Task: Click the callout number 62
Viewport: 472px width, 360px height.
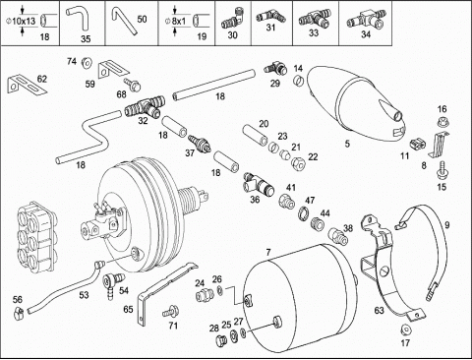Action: (x=42, y=79)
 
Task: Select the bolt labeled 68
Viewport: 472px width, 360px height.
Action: (x=133, y=85)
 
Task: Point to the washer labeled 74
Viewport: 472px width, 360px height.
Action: (x=87, y=63)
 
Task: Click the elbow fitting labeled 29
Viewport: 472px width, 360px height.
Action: (x=275, y=68)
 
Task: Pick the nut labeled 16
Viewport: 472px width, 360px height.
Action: (x=443, y=122)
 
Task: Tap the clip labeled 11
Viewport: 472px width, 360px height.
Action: (x=417, y=144)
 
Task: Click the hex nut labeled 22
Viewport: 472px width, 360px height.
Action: (x=299, y=161)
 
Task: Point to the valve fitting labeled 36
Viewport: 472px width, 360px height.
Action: (x=258, y=185)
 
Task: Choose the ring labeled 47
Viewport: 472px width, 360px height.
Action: (x=305, y=212)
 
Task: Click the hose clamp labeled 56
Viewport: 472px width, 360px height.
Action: (x=19, y=313)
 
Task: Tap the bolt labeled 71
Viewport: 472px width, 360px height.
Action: (x=171, y=311)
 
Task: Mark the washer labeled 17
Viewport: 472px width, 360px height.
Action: (x=405, y=330)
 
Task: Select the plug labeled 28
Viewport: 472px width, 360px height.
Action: (x=221, y=340)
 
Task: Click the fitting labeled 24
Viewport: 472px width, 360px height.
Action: (x=204, y=296)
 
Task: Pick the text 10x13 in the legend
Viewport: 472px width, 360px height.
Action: (x=24, y=22)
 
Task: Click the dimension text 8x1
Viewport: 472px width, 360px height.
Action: (x=179, y=22)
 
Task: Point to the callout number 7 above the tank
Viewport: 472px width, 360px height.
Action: (x=268, y=252)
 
